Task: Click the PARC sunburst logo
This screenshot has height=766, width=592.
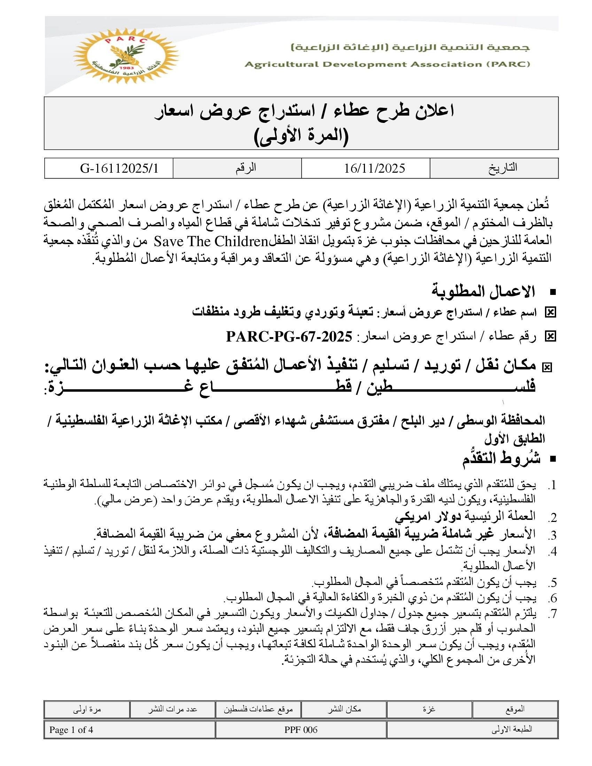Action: click(x=125, y=55)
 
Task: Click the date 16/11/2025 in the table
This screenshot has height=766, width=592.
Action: click(x=374, y=169)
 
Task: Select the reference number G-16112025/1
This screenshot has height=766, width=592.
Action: click(x=119, y=169)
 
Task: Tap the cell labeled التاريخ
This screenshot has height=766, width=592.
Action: click(x=503, y=168)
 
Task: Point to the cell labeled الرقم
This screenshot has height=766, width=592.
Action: click(x=246, y=168)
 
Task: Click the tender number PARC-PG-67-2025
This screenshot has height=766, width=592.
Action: click(x=289, y=337)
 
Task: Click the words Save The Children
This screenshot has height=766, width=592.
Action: click(x=211, y=242)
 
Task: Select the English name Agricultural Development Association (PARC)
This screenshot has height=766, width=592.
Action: click(x=387, y=64)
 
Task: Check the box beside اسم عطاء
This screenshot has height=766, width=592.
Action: click(x=550, y=312)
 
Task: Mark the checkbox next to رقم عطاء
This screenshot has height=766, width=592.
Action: click(x=550, y=337)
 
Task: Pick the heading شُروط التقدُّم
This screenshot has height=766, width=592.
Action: click(x=501, y=459)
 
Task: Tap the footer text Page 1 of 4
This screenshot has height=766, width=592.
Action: click(x=71, y=730)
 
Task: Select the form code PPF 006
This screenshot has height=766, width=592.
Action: click(x=301, y=730)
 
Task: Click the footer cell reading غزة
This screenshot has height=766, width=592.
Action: click(x=429, y=709)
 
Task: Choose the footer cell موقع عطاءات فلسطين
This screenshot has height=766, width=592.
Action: click(x=258, y=709)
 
